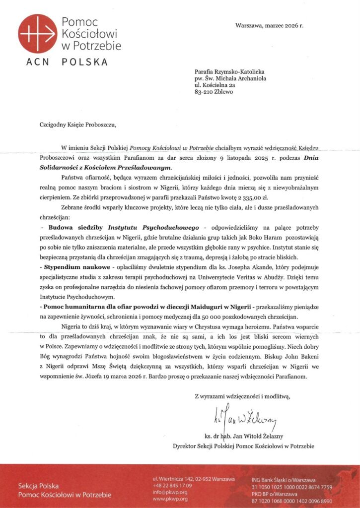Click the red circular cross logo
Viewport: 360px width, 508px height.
tap(38, 34)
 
